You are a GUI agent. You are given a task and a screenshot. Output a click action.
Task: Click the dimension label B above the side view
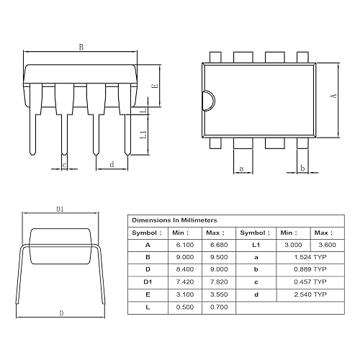[81, 47]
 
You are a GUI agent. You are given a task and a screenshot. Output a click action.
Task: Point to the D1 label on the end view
[60, 209]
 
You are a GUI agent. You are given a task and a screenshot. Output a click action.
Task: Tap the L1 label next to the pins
[143, 134]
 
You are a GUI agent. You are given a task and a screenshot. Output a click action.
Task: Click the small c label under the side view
[65, 165]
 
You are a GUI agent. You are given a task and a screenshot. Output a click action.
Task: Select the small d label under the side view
[112, 165]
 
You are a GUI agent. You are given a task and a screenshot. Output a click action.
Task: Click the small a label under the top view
[241, 168]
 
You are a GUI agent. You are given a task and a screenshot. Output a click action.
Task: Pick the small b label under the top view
[302, 168]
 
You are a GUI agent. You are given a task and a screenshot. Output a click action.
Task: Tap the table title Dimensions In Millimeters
[174, 220]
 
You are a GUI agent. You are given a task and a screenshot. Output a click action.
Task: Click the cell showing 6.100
[184, 245]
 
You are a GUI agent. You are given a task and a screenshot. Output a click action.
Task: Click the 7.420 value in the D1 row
[184, 282]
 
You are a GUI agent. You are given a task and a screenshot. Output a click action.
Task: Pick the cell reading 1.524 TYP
[311, 257]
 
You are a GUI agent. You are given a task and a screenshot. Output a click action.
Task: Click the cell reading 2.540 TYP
[311, 294]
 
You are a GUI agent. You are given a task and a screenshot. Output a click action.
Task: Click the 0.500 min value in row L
[184, 307]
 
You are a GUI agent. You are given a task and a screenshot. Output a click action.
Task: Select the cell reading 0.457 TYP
[311, 282]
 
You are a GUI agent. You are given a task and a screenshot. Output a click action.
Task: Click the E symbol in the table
[148, 294]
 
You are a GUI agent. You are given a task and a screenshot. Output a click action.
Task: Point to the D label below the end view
[60, 313]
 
